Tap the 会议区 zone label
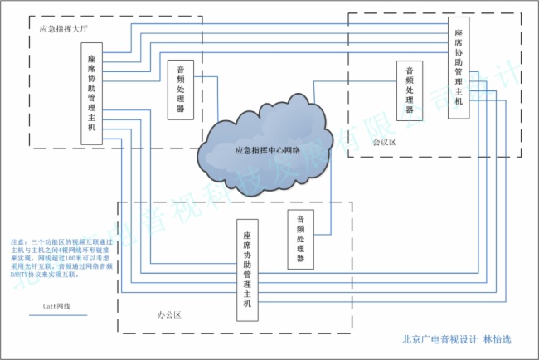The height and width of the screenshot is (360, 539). [384, 142]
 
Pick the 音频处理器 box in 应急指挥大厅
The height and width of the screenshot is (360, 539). [181, 90]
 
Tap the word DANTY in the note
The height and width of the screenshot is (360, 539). [19, 273]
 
